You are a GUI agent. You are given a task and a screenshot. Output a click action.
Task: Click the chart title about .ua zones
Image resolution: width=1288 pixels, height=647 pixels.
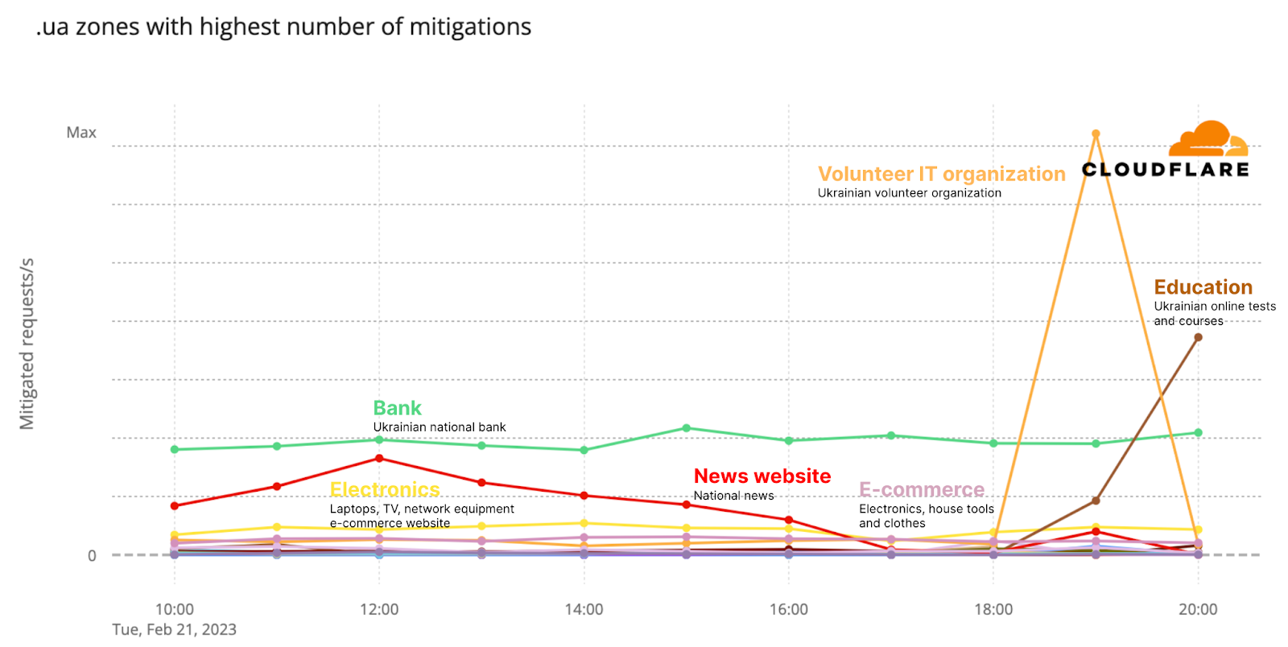coord(283,27)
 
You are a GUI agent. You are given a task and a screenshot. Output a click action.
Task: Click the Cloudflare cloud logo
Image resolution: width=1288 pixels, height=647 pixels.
coord(1207,138)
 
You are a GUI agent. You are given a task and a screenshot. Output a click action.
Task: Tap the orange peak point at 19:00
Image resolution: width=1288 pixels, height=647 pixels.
coord(1096,134)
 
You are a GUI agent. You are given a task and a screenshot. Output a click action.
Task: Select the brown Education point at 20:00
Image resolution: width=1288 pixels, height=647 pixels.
coord(1198,337)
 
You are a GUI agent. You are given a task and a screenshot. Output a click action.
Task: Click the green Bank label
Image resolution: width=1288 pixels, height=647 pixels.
coord(397,408)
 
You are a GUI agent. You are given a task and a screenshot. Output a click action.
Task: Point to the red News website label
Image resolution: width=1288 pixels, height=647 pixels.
coord(762,476)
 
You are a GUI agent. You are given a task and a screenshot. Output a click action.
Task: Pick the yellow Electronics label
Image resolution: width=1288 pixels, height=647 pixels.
coord(385,489)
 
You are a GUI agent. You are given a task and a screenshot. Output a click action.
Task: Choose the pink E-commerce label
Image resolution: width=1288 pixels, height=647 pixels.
coord(922,489)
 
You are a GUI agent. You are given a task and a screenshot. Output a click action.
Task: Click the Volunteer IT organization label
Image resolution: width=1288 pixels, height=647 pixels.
coord(941,174)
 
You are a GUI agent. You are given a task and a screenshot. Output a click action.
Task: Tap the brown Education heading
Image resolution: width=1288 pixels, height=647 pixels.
coord(1203,287)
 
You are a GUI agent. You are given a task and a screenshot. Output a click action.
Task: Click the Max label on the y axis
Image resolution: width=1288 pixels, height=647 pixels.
coord(81,133)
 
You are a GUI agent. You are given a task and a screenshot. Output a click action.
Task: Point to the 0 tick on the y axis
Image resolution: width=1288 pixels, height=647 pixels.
coord(92,555)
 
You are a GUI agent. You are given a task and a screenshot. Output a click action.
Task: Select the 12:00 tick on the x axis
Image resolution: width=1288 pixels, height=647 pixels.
coord(379,609)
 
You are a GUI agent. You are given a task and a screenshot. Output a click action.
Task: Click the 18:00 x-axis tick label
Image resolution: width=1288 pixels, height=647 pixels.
coord(993,609)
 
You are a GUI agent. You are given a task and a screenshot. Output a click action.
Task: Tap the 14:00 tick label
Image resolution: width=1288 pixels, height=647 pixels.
coord(584,609)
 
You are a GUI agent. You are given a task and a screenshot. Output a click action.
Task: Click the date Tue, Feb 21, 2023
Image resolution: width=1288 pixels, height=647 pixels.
coord(174,629)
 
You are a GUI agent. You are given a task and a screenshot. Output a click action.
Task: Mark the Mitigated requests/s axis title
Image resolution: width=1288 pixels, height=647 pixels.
coord(27,344)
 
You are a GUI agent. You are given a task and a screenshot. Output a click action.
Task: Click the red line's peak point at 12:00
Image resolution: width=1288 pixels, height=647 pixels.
coord(379,459)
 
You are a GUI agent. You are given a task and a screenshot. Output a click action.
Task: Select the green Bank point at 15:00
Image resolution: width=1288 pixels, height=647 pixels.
coord(686,428)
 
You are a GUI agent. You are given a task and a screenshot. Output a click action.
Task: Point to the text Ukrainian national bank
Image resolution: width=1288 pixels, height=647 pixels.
coord(440,427)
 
